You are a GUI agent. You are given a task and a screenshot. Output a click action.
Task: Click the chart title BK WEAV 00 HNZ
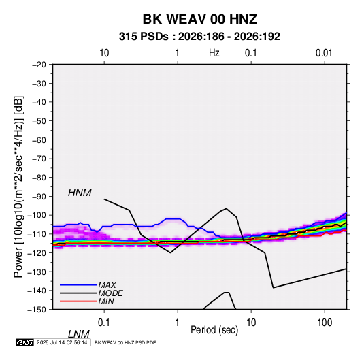click(199, 19)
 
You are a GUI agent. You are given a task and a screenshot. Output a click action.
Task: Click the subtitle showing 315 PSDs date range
click(199, 37)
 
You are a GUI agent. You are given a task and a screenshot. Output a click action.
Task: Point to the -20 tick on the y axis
click(39, 65)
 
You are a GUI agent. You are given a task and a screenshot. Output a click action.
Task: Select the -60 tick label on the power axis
click(39, 140)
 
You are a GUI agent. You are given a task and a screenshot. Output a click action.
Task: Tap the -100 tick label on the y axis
click(37, 215)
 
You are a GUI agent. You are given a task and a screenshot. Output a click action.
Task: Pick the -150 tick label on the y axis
click(37, 310)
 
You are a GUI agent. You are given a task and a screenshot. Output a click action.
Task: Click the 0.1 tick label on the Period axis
click(104, 323)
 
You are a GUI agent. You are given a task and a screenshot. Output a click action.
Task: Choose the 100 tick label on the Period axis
click(325, 323)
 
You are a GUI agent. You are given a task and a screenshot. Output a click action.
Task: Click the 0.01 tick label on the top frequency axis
click(324, 53)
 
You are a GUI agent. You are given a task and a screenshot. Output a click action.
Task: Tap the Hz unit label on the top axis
click(214, 53)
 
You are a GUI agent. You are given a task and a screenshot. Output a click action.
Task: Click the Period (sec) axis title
click(214, 330)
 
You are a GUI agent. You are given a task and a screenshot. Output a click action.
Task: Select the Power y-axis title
click(18, 187)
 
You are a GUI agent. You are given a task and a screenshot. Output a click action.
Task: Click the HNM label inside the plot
click(80, 193)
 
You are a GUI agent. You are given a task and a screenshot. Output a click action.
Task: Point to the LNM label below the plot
click(79, 334)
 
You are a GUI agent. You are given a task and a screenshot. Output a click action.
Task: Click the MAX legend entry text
click(107, 285)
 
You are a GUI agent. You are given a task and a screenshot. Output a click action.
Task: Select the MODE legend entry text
click(110, 293)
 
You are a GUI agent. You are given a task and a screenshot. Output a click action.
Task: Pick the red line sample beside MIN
click(78, 301)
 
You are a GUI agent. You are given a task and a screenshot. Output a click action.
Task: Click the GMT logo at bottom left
click(24, 342)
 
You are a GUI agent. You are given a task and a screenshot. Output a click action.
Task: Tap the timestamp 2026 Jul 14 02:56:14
click(62, 342)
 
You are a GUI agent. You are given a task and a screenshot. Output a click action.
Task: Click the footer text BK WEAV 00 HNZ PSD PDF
click(125, 342)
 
